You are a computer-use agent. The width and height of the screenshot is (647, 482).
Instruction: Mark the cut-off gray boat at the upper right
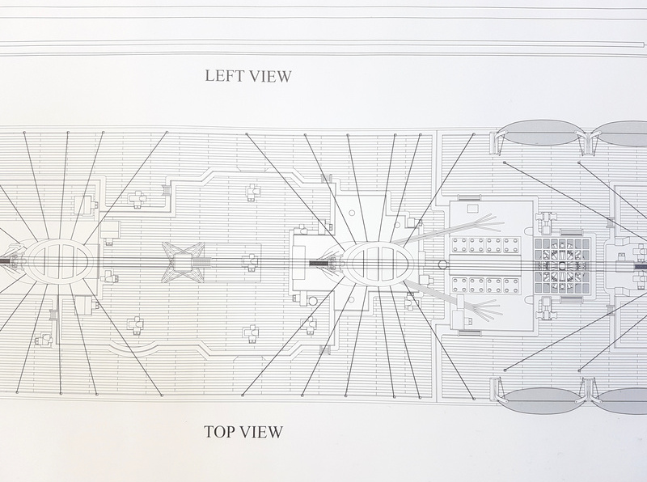(x=624, y=133)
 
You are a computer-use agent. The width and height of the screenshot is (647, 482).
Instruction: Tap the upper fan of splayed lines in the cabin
(x=484, y=223)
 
